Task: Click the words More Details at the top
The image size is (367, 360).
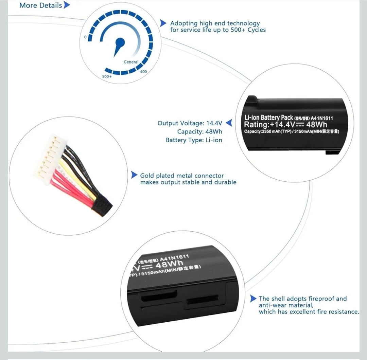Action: tap(41, 5)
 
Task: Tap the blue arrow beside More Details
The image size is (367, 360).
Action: tap(67, 5)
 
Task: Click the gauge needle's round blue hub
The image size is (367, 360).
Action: tap(120, 42)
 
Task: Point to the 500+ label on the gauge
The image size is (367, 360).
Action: tap(107, 76)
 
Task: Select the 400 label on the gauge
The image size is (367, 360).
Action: tap(143, 72)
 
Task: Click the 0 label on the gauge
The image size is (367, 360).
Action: tap(85, 37)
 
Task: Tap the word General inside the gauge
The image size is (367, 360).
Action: tap(131, 62)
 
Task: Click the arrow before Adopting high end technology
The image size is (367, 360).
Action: tap(163, 23)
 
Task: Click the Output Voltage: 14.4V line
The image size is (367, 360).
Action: tap(190, 123)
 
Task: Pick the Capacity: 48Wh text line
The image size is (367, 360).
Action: tap(200, 131)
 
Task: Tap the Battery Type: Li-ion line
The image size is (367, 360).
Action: tap(194, 140)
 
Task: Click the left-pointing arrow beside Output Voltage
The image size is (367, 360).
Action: tap(229, 123)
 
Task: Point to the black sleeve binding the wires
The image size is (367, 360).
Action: tap(102, 206)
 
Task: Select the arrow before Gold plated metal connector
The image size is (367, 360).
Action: tap(134, 175)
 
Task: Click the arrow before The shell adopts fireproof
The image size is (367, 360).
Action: tap(253, 299)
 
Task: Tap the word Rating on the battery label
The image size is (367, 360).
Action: tap(256, 124)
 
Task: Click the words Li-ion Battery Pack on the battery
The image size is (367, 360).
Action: tap(269, 118)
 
